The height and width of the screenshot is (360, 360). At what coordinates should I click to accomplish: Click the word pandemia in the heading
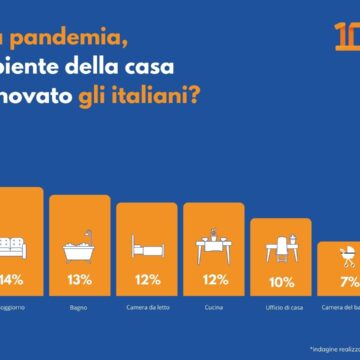[59, 40]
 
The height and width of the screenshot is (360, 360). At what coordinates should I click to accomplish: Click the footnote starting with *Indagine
[334, 349]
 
